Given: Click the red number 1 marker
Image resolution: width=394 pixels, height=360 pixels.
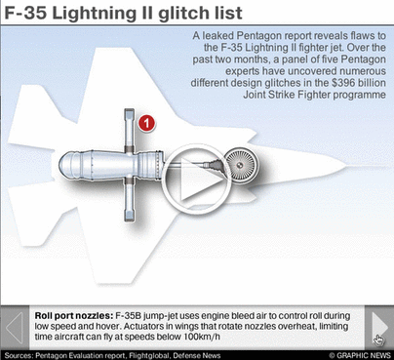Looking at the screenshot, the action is tap(146, 124).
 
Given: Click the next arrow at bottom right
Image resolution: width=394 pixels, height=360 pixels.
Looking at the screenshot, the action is tap(378, 328).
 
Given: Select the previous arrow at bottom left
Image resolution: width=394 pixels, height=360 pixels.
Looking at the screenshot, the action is tap(15, 328).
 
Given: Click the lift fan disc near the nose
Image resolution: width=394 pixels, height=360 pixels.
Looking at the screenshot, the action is tap(242, 165).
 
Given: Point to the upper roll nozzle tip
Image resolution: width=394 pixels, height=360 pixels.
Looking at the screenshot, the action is tap(130, 110).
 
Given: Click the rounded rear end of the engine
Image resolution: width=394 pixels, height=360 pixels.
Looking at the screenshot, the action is tap(65, 165).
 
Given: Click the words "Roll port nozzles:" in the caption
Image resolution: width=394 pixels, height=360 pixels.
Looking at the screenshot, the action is tap(74, 316).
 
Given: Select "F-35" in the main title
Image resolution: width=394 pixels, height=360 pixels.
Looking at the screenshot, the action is tap(25, 14).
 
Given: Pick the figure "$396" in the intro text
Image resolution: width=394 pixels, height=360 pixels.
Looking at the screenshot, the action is tap(344, 83).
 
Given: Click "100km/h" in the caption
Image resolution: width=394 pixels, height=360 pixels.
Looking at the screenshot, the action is tap(202, 337).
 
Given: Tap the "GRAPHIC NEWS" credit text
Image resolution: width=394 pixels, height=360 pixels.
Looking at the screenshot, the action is tap(364, 355).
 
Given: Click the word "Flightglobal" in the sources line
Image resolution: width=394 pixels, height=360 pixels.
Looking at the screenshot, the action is tap(150, 355).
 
